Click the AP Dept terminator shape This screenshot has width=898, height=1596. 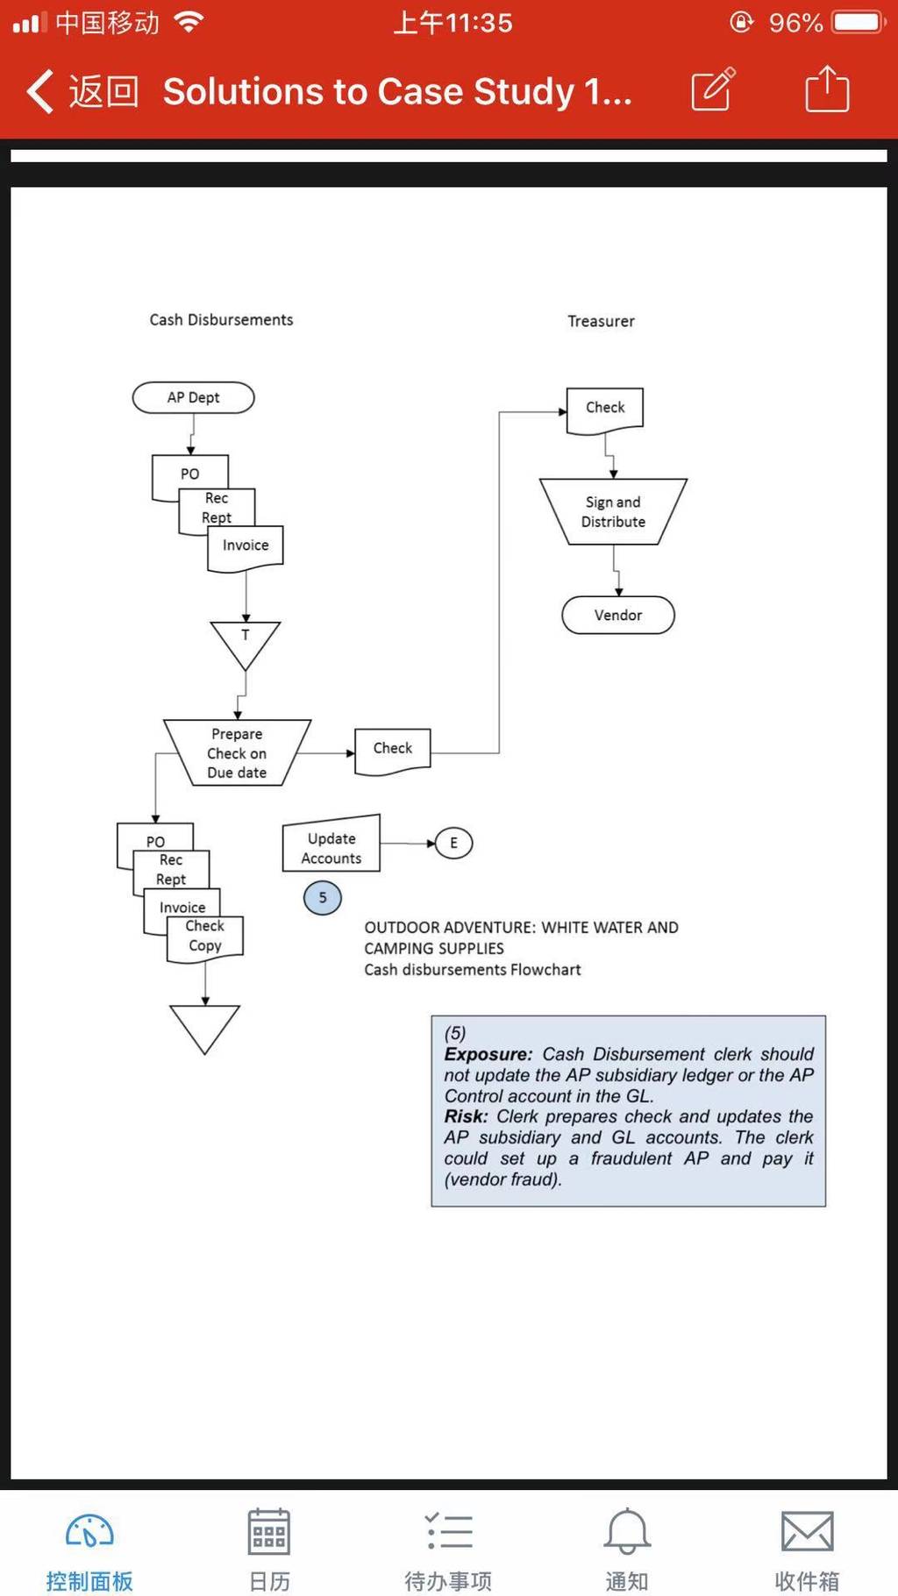click(x=193, y=397)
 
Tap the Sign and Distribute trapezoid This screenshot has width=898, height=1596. click(x=613, y=511)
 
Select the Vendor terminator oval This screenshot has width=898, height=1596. click(x=618, y=615)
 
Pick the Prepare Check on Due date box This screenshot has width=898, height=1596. click(x=237, y=752)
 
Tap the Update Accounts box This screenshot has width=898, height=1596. click(x=331, y=844)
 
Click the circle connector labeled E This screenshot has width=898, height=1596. click(x=453, y=843)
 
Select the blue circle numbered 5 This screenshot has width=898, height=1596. click(x=322, y=897)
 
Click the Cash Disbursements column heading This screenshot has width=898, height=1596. click(x=221, y=320)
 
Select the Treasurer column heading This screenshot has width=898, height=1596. click(x=601, y=321)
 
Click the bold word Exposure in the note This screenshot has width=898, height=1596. click(x=488, y=1054)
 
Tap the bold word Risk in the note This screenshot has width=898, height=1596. click(x=466, y=1116)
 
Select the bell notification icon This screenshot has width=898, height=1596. click(x=627, y=1531)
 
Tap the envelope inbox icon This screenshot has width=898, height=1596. click(x=807, y=1531)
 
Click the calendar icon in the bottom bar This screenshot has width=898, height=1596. click(x=269, y=1531)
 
